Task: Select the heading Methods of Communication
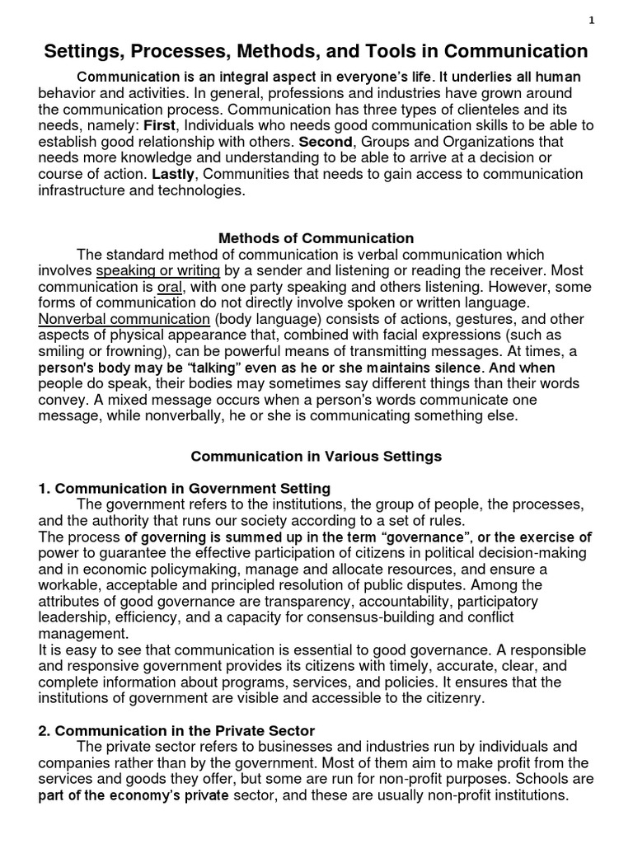click(x=316, y=238)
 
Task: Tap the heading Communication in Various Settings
click(x=316, y=455)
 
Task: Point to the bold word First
click(x=160, y=125)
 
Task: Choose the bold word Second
click(x=325, y=142)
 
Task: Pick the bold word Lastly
click(x=175, y=174)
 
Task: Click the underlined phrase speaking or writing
click(x=157, y=270)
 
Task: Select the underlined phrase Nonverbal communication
click(x=124, y=318)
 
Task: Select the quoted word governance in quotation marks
click(x=421, y=537)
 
